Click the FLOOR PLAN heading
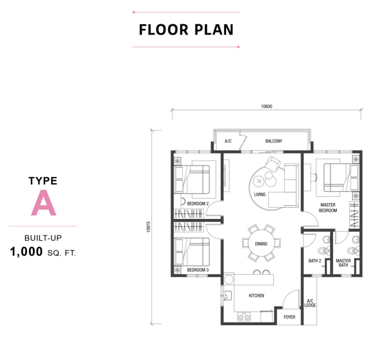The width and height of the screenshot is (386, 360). click(186, 29)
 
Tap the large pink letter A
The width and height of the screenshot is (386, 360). click(43, 203)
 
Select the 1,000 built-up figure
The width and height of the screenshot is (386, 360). click(26, 252)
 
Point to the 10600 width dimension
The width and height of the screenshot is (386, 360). click(267, 106)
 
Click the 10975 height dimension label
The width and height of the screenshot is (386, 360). click(148, 227)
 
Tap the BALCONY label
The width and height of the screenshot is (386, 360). click(274, 141)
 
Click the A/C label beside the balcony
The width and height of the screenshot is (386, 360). click(228, 141)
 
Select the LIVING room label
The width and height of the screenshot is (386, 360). click(260, 194)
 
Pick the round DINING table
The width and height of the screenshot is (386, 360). click(261, 243)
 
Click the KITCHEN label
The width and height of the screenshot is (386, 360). click(256, 295)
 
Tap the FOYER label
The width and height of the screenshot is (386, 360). click(289, 317)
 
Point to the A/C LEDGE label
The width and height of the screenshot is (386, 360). click(310, 303)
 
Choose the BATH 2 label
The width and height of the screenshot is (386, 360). click(315, 261)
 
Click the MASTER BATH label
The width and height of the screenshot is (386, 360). click(343, 263)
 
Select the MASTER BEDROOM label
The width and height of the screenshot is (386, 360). click(328, 208)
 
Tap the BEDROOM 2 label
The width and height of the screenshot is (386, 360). click(198, 204)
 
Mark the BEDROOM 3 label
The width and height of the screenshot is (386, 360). click(198, 270)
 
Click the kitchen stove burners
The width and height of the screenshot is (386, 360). click(244, 317)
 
